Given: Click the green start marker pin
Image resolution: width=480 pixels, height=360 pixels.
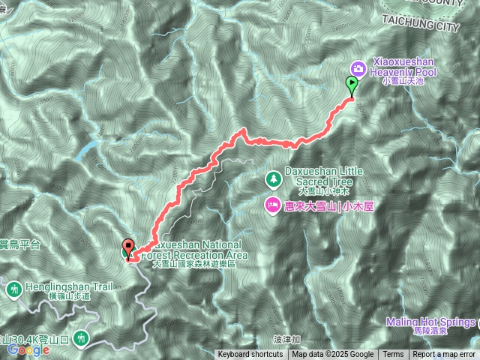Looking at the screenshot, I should pos(350,85).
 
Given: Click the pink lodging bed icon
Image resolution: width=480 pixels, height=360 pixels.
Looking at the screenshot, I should pos(271,204).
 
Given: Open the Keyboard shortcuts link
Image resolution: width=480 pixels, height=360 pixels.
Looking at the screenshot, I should pos(250,355).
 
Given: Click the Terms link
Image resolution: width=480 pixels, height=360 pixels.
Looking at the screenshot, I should pos(393,355).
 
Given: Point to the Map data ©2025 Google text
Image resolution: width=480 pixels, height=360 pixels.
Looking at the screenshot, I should pos(333,355).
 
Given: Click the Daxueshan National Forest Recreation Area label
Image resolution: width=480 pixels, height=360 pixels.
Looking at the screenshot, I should pos(193,250).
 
